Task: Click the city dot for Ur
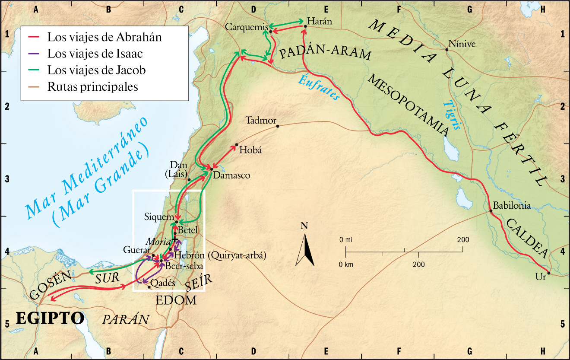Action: (548, 273)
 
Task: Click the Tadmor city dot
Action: (278, 126)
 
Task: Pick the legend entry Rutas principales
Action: (93, 86)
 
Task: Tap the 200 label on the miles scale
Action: (463, 240)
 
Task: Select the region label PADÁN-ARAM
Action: (326, 54)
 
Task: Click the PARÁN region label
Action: (126, 319)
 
